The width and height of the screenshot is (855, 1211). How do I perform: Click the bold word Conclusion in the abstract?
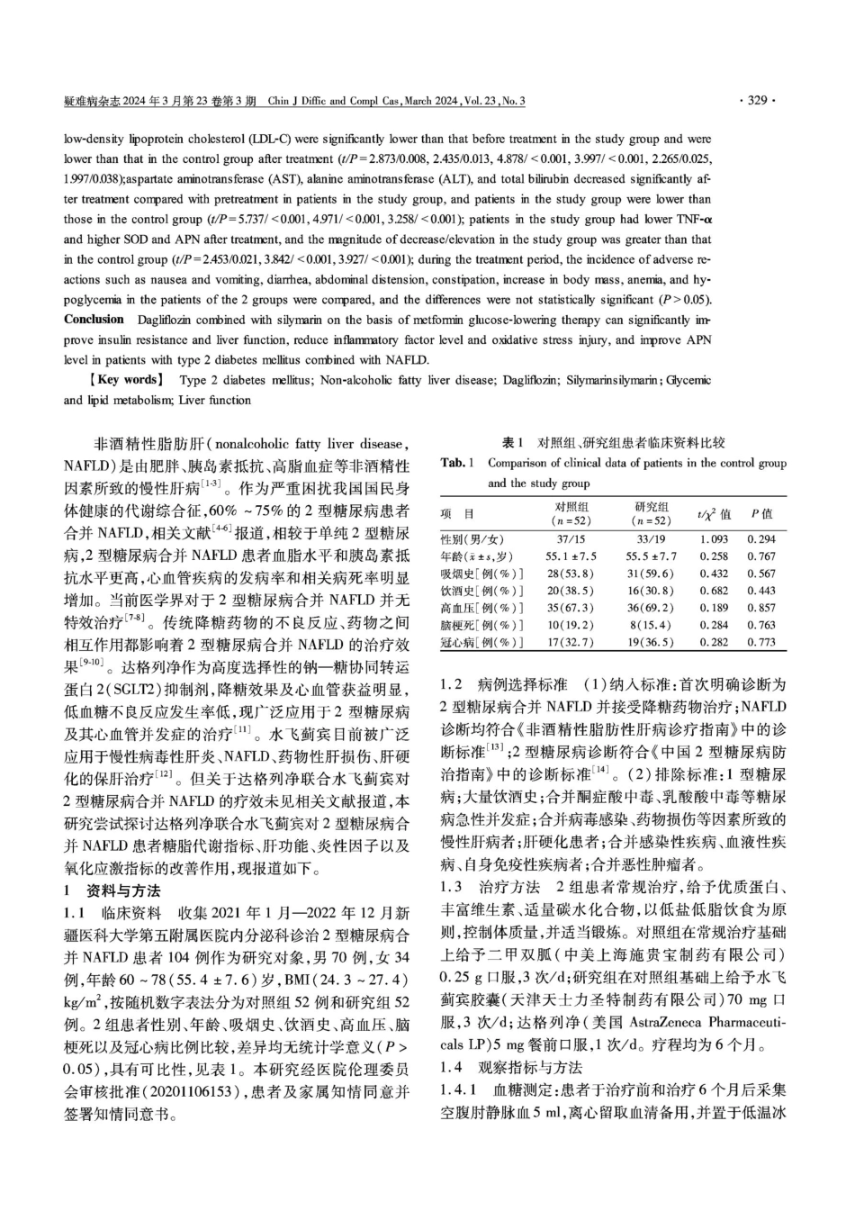click(94, 320)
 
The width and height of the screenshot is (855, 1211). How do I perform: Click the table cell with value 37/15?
click(571, 539)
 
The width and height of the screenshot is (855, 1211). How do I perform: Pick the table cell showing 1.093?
click(713, 539)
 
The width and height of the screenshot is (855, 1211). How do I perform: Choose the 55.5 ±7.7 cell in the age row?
click(652, 556)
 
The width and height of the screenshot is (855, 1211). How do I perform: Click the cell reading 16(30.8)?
click(652, 591)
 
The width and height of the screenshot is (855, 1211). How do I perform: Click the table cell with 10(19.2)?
click(571, 625)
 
